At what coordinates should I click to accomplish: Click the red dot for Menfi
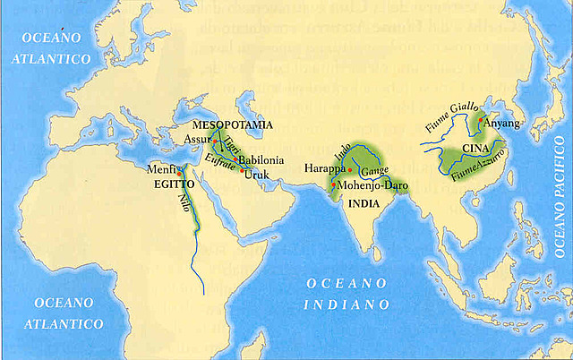(x=180, y=174)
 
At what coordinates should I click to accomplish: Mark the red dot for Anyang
(x=481, y=119)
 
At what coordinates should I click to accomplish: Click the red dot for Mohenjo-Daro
(x=335, y=184)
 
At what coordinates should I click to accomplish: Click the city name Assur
(x=197, y=140)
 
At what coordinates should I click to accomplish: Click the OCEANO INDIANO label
(x=350, y=294)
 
